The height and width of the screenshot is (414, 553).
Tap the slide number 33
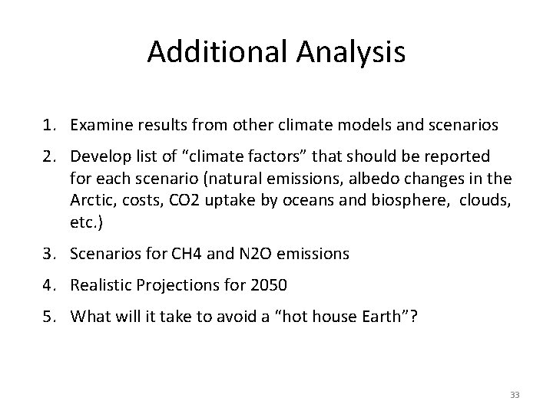[515, 394]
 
